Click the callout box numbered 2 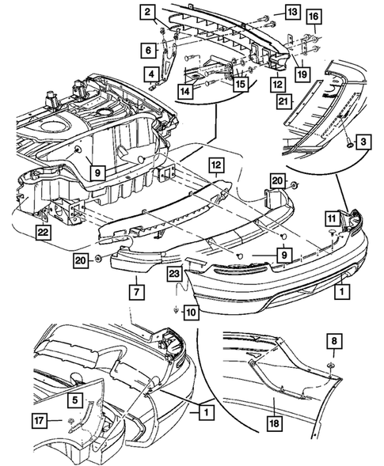[x=148, y=13]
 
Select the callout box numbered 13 [x=292, y=12]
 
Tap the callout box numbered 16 [x=314, y=17]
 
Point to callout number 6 [x=148, y=50]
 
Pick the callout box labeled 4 [x=152, y=74]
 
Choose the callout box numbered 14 [x=184, y=91]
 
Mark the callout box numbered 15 [x=241, y=84]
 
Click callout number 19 [x=302, y=74]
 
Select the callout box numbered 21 [x=283, y=102]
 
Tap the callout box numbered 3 [x=363, y=142]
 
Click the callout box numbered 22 [x=43, y=232]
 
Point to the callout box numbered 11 [x=332, y=219]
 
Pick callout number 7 [x=137, y=292]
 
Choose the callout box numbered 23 [x=174, y=274]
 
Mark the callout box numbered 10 [x=192, y=313]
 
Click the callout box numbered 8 [x=334, y=341]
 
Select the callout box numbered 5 [x=74, y=400]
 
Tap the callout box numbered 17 [x=40, y=421]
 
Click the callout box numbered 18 [x=274, y=423]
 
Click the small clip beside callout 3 [x=350, y=145]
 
